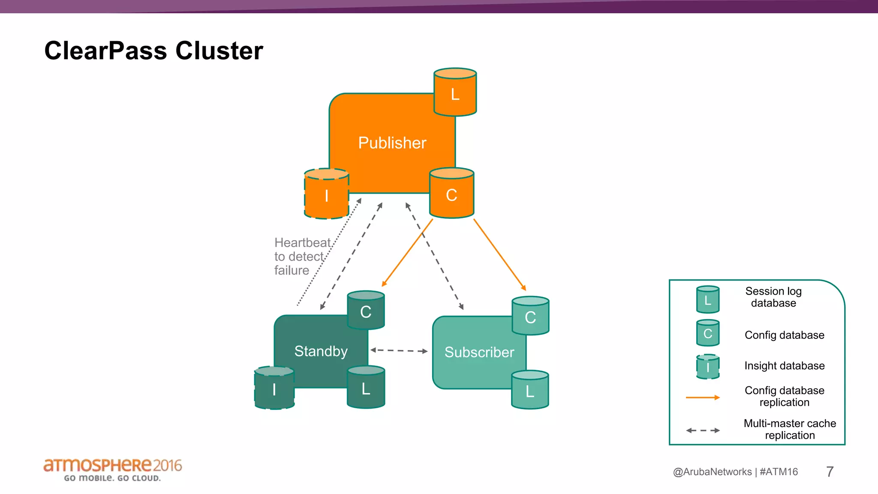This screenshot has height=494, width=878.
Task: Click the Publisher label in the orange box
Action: click(x=392, y=143)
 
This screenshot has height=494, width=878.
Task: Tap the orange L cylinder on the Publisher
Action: click(x=455, y=93)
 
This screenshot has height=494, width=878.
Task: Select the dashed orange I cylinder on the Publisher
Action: click(x=327, y=195)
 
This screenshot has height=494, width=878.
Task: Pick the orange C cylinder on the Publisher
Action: click(x=451, y=194)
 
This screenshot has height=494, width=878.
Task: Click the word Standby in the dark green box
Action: click(x=321, y=351)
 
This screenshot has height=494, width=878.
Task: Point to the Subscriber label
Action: click(x=479, y=352)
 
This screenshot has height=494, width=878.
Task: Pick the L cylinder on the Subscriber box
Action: click(x=530, y=391)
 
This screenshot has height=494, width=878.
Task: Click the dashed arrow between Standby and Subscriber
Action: click(x=399, y=350)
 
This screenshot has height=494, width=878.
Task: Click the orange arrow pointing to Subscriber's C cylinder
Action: click(x=499, y=255)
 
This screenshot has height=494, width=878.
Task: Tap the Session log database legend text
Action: click(x=773, y=297)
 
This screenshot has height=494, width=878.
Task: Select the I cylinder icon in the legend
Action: click(x=708, y=367)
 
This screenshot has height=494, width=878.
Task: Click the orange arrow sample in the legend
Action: click(x=703, y=398)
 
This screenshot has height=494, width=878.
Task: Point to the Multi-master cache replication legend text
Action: click(x=790, y=429)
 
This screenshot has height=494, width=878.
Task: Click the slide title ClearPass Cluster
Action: click(x=153, y=51)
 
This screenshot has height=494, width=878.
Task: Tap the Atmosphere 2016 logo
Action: click(x=112, y=469)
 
